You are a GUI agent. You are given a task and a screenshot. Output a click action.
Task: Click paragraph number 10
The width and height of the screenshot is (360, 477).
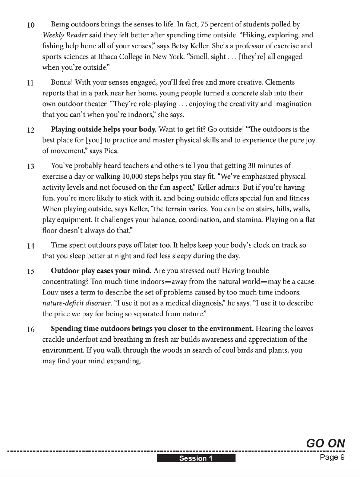[x=31, y=25]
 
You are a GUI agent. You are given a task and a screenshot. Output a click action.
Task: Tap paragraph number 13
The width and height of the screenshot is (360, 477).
[x=31, y=167]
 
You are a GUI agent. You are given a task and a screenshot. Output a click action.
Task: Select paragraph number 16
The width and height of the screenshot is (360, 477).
[x=31, y=329]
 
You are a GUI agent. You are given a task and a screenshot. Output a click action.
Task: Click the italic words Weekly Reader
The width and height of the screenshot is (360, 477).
[x=65, y=35]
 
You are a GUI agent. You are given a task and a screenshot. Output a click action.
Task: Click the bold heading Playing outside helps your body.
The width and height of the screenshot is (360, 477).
[x=103, y=130]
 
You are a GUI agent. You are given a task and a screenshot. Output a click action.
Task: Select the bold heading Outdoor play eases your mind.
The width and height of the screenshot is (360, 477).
[x=101, y=271]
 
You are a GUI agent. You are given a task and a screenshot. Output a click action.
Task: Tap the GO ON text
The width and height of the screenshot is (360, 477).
[x=325, y=443]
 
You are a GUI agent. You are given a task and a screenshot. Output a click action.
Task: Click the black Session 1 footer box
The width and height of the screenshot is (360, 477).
[x=196, y=458]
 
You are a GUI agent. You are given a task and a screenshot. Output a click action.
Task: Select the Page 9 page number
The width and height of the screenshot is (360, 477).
[x=332, y=457]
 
